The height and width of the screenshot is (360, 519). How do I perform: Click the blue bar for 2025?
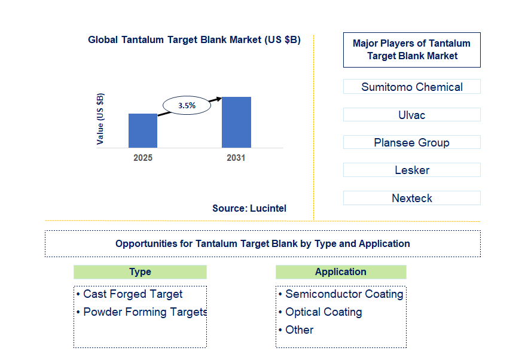click(x=143, y=130)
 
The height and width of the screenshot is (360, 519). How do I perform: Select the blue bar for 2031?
click(x=236, y=122)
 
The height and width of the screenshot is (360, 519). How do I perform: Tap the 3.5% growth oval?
click(x=187, y=105)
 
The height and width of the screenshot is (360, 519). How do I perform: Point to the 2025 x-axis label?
click(x=143, y=158)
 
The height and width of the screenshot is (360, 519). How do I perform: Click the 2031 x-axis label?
click(x=236, y=158)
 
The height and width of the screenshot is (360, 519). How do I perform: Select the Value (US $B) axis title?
click(x=100, y=118)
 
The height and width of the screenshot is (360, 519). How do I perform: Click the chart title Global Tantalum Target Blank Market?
click(x=194, y=40)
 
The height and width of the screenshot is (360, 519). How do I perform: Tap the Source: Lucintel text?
click(x=249, y=208)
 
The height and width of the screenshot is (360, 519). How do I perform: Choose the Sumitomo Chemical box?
click(x=411, y=87)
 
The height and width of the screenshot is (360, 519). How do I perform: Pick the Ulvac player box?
click(x=411, y=115)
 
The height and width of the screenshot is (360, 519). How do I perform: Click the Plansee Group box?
click(x=411, y=142)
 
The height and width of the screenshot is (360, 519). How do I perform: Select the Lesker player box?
click(x=411, y=170)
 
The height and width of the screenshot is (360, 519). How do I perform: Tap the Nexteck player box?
click(x=411, y=198)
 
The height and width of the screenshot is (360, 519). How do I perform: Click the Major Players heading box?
click(x=411, y=50)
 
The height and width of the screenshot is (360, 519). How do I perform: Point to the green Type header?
click(x=140, y=272)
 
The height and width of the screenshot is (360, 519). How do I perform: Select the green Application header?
click(x=341, y=272)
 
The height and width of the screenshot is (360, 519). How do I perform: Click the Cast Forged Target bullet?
click(x=133, y=294)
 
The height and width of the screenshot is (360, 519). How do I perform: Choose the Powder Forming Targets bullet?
click(x=144, y=312)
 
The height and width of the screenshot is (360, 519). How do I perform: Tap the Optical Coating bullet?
click(x=323, y=312)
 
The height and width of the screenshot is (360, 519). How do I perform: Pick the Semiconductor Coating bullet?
click(x=344, y=294)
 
